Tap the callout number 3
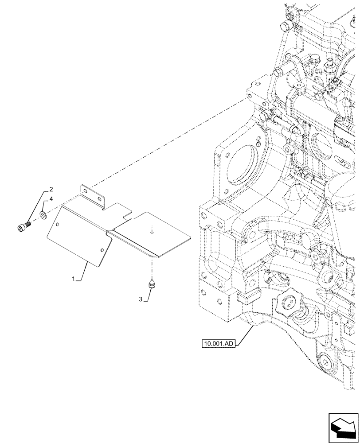[x=141, y=300]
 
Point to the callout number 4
[x=51, y=200]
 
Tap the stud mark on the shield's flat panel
[x=152, y=230]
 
